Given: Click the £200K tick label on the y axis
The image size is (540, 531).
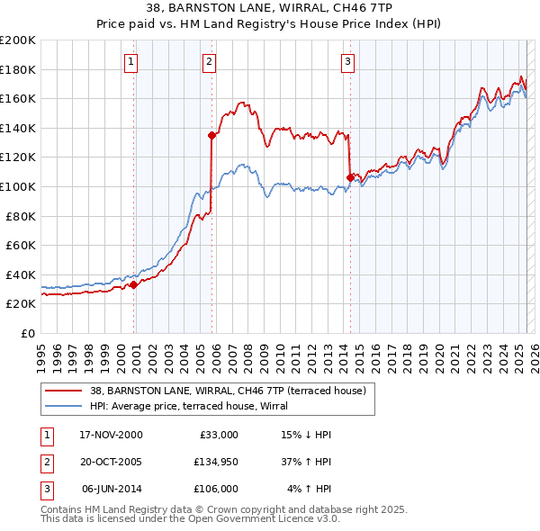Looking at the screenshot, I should click(x=18, y=40).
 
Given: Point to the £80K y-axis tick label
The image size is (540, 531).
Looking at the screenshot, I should click(x=21, y=216).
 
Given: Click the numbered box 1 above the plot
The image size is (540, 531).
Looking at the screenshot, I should click(x=131, y=62).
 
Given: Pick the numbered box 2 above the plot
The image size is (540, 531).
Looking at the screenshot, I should click(x=209, y=62).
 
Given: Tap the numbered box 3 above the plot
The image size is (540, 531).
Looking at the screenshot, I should click(x=347, y=62).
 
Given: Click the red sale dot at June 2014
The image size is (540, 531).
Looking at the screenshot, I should click(x=349, y=178).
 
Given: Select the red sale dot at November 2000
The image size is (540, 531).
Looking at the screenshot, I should click(x=134, y=284).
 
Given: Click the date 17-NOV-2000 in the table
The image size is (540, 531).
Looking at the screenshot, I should click(x=111, y=435).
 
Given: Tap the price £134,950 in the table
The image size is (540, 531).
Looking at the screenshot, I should click(x=215, y=462).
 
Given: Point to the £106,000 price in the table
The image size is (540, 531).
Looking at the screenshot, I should click(x=215, y=489).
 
